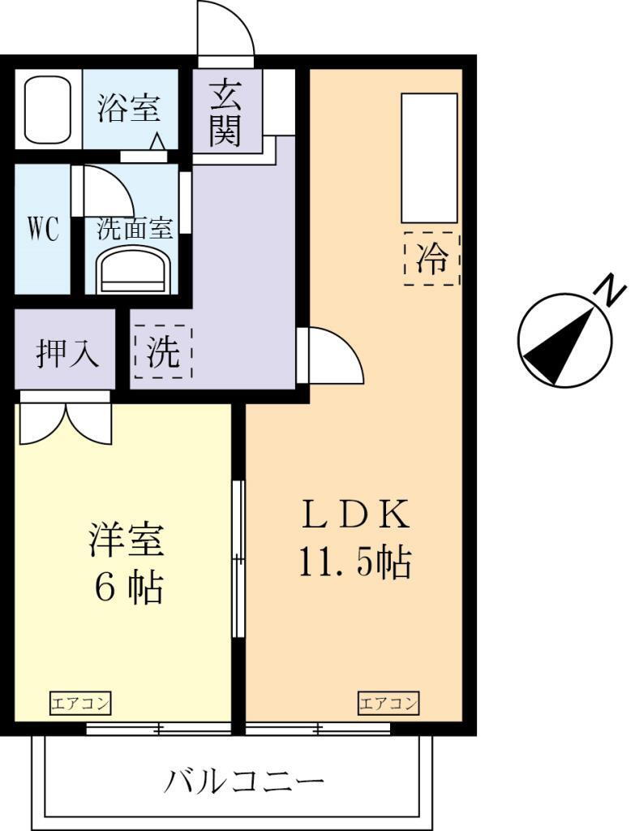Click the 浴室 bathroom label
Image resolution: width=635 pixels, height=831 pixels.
(x=129, y=108)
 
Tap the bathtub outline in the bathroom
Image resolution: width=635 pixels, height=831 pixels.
(x=48, y=110)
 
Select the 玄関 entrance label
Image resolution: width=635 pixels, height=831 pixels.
(x=225, y=112)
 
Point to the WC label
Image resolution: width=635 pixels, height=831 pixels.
(x=43, y=230)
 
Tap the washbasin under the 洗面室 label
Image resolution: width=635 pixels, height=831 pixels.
(x=134, y=271)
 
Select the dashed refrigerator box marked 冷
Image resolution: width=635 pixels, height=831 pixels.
(x=431, y=259)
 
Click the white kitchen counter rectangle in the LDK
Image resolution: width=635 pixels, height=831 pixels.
(x=429, y=158)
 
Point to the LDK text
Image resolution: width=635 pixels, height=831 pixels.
(x=355, y=514)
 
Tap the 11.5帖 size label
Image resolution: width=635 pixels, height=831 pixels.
(x=355, y=562)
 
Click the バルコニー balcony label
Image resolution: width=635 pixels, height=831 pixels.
(x=245, y=780)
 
